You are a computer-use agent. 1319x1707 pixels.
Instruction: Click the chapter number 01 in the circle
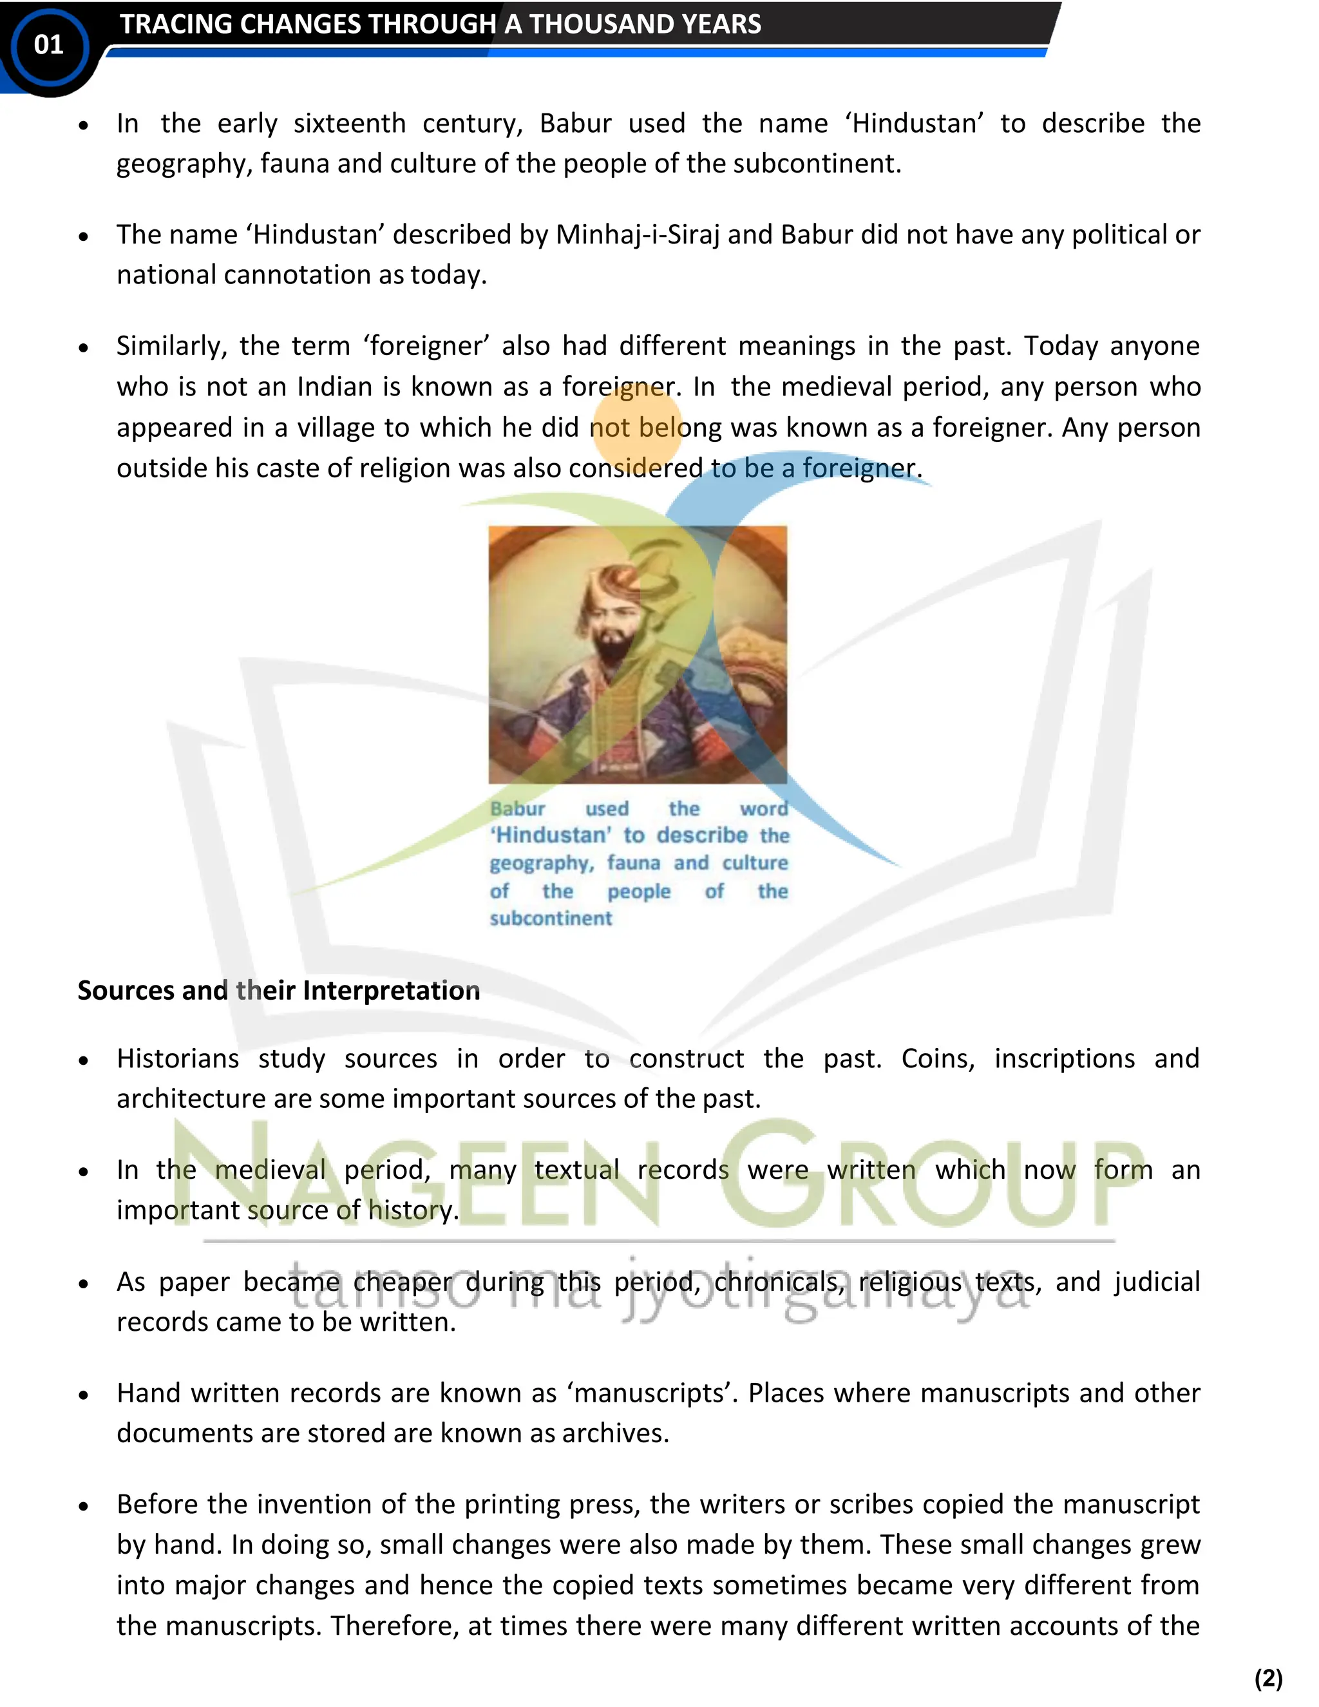[48, 45]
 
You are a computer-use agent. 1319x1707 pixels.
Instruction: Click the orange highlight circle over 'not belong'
[637, 426]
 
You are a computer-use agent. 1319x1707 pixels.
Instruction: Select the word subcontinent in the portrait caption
[551, 919]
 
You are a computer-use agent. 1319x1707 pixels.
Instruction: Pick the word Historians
[177, 1059]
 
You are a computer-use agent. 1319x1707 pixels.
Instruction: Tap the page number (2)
[1268, 1678]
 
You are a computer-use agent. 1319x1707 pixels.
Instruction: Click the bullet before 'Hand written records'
[84, 1395]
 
